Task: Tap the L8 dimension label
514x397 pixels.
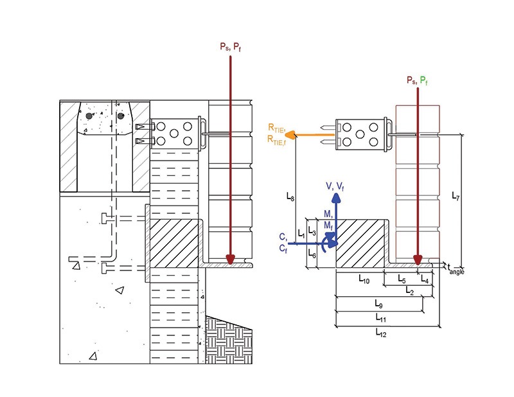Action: coord(291,198)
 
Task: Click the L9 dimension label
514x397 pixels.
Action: coord(379,303)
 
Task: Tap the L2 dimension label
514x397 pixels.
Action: coord(409,290)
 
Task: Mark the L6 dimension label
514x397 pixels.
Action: coord(311,255)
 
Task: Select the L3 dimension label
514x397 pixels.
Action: coord(312,229)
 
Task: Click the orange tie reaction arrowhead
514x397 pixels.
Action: coord(290,135)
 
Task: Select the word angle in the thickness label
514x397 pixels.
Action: coord(457,272)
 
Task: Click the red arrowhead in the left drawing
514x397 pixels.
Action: coord(231,260)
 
